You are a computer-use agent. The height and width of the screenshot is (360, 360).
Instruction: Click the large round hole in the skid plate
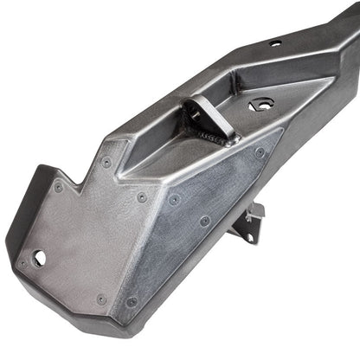pyautogui.click(x=40, y=257)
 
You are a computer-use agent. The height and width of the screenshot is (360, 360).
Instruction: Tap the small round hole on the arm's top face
pyautogui.click(x=274, y=42)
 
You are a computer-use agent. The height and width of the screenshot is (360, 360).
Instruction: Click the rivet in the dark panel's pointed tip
pyautogui.click(x=260, y=152)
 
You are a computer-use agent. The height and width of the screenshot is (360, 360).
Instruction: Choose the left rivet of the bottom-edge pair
pyautogui.click(x=101, y=299)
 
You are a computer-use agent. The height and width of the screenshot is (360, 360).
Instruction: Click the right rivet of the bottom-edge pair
pyautogui.click(x=132, y=301)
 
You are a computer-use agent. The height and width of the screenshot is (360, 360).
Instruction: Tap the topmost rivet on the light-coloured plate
pyautogui.click(x=106, y=162)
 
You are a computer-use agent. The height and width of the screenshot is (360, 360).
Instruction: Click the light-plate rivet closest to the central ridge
pyautogui.click(x=143, y=197)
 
